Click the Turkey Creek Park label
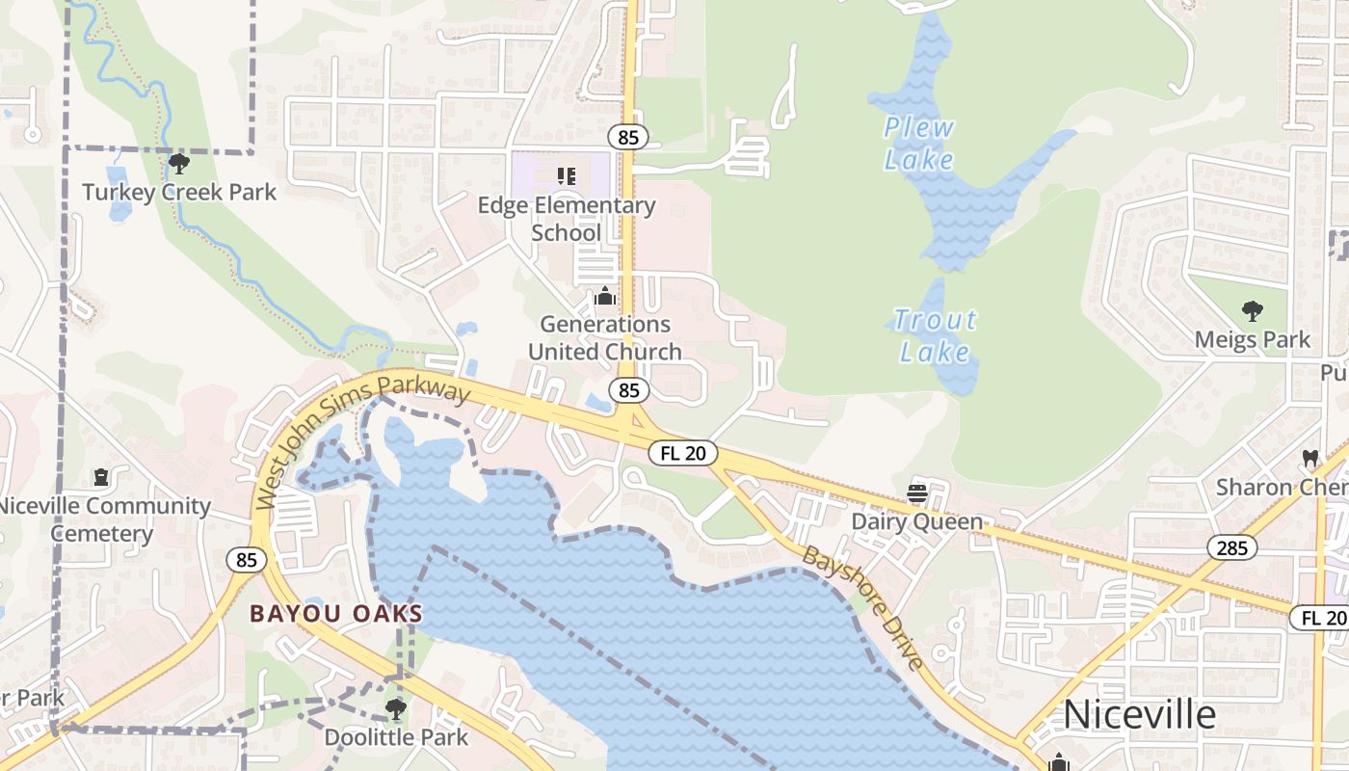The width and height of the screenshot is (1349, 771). click(x=179, y=192)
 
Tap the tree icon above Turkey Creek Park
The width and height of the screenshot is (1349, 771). click(x=179, y=163)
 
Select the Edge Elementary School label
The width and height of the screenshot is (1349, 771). click(x=567, y=219)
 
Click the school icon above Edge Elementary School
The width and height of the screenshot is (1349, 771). click(x=567, y=175)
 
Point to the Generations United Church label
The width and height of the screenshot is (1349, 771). click(x=605, y=338)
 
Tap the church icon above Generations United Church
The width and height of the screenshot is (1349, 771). click(x=605, y=296)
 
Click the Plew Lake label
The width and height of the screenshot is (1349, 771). click(x=919, y=143)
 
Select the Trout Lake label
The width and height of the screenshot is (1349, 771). click(x=935, y=335)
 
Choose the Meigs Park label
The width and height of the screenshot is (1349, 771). click(x=1253, y=339)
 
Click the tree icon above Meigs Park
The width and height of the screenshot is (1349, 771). click(x=1253, y=310)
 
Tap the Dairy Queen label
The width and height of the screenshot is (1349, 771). click(x=917, y=522)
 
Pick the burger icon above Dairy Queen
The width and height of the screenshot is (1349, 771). click(x=917, y=493)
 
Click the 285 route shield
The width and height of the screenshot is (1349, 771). click(x=1231, y=548)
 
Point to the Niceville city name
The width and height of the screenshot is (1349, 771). click(x=1139, y=715)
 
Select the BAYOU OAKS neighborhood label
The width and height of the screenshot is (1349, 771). click(x=336, y=613)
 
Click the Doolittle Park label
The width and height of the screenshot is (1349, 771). click(x=396, y=737)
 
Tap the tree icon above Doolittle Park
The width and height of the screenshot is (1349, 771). click(x=395, y=709)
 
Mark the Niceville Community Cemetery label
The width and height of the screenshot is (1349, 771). click(x=102, y=519)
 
